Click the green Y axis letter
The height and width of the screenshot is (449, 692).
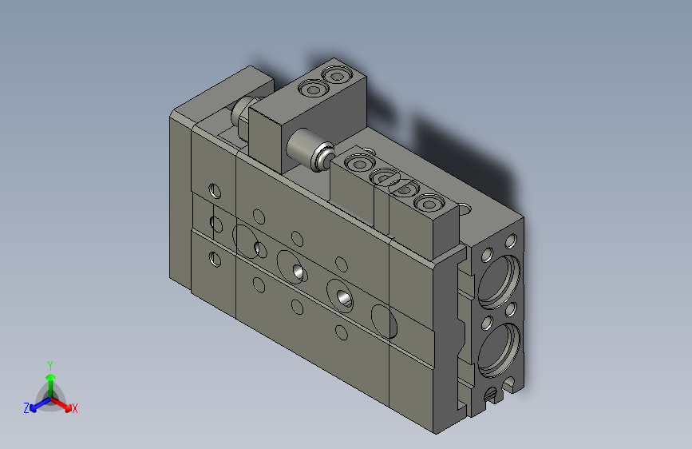pos(49,364)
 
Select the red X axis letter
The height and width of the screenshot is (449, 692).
pos(74,408)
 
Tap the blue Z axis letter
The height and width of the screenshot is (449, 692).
pos(26,407)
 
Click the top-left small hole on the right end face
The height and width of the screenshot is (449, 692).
pos(486,255)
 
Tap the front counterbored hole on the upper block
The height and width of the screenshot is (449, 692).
pos(311,90)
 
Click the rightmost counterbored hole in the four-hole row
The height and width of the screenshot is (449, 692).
pos(429,202)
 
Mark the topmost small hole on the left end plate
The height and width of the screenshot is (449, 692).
pos(214,190)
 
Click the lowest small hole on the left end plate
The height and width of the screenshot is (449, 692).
pos(214,258)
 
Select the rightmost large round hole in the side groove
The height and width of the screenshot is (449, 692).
pos(384,320)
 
